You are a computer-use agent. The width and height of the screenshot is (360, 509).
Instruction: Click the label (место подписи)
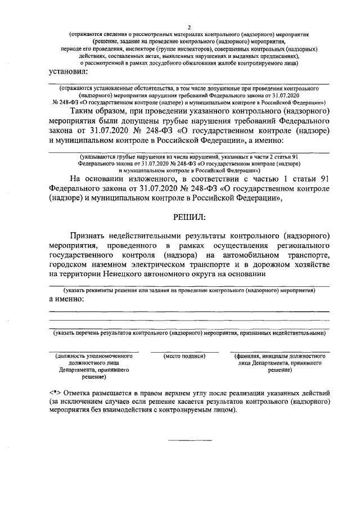point(184,356)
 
